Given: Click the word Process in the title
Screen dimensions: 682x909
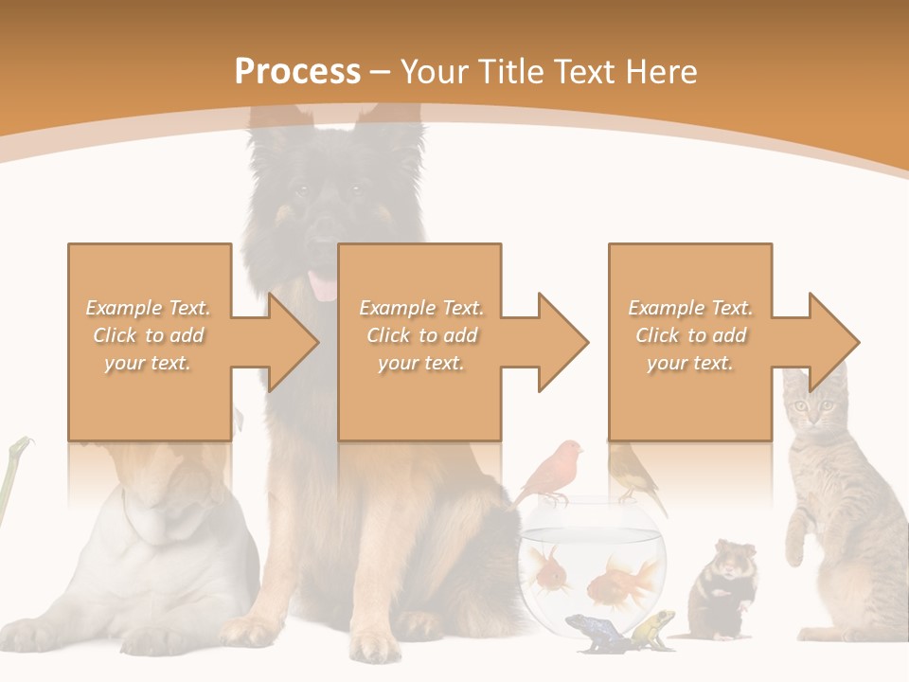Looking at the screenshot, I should tap(297, 71).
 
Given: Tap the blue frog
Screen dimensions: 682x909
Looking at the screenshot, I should tap(589, 632).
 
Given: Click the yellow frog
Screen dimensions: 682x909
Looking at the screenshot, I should tap(654, 627).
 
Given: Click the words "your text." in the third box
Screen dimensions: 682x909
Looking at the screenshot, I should tap(689, 363).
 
